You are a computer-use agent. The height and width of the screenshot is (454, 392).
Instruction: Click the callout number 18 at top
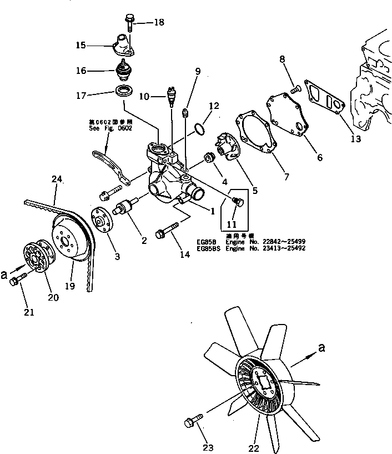coord(159,23)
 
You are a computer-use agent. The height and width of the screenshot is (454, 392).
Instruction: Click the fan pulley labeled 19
coord(69,239)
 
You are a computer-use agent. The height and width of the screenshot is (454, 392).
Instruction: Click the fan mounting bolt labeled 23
coord(192,423)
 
